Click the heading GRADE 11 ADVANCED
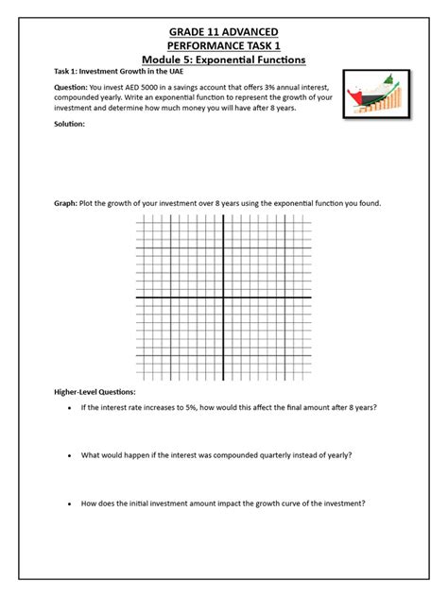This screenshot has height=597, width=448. pyautogui.click(x=224, y=33)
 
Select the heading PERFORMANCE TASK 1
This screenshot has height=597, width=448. pyautogui.click(x=224, y=46)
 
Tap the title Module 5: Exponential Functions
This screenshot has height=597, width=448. pyautogui.click(x=224, y=60)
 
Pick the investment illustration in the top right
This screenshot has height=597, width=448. pyautogui.click(x=376, y=96)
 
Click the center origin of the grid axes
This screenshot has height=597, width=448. pyautogui.click(x=223, y=298)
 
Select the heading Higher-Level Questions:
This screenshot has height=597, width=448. pyautogui.click(x=95, y=392)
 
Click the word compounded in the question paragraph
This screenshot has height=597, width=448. pyautogui.click(x=78, y=97)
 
